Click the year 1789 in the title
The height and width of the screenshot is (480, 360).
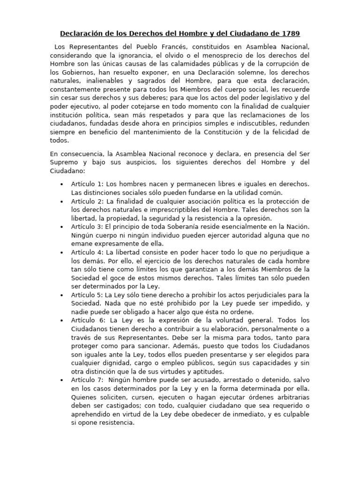[289, 34]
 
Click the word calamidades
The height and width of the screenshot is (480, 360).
[202, 64]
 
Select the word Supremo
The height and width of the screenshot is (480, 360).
[65, 163]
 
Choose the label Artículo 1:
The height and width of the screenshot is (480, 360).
[87, 184]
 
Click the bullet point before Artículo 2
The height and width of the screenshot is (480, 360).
[62, 201]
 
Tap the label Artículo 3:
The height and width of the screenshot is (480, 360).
[87, 226]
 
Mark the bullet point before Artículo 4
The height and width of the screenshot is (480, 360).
[62, 252]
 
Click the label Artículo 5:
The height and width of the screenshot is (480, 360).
[87, 295]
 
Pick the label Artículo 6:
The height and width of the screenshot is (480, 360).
[87, 320]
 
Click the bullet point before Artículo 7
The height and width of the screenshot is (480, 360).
[62, 379]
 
